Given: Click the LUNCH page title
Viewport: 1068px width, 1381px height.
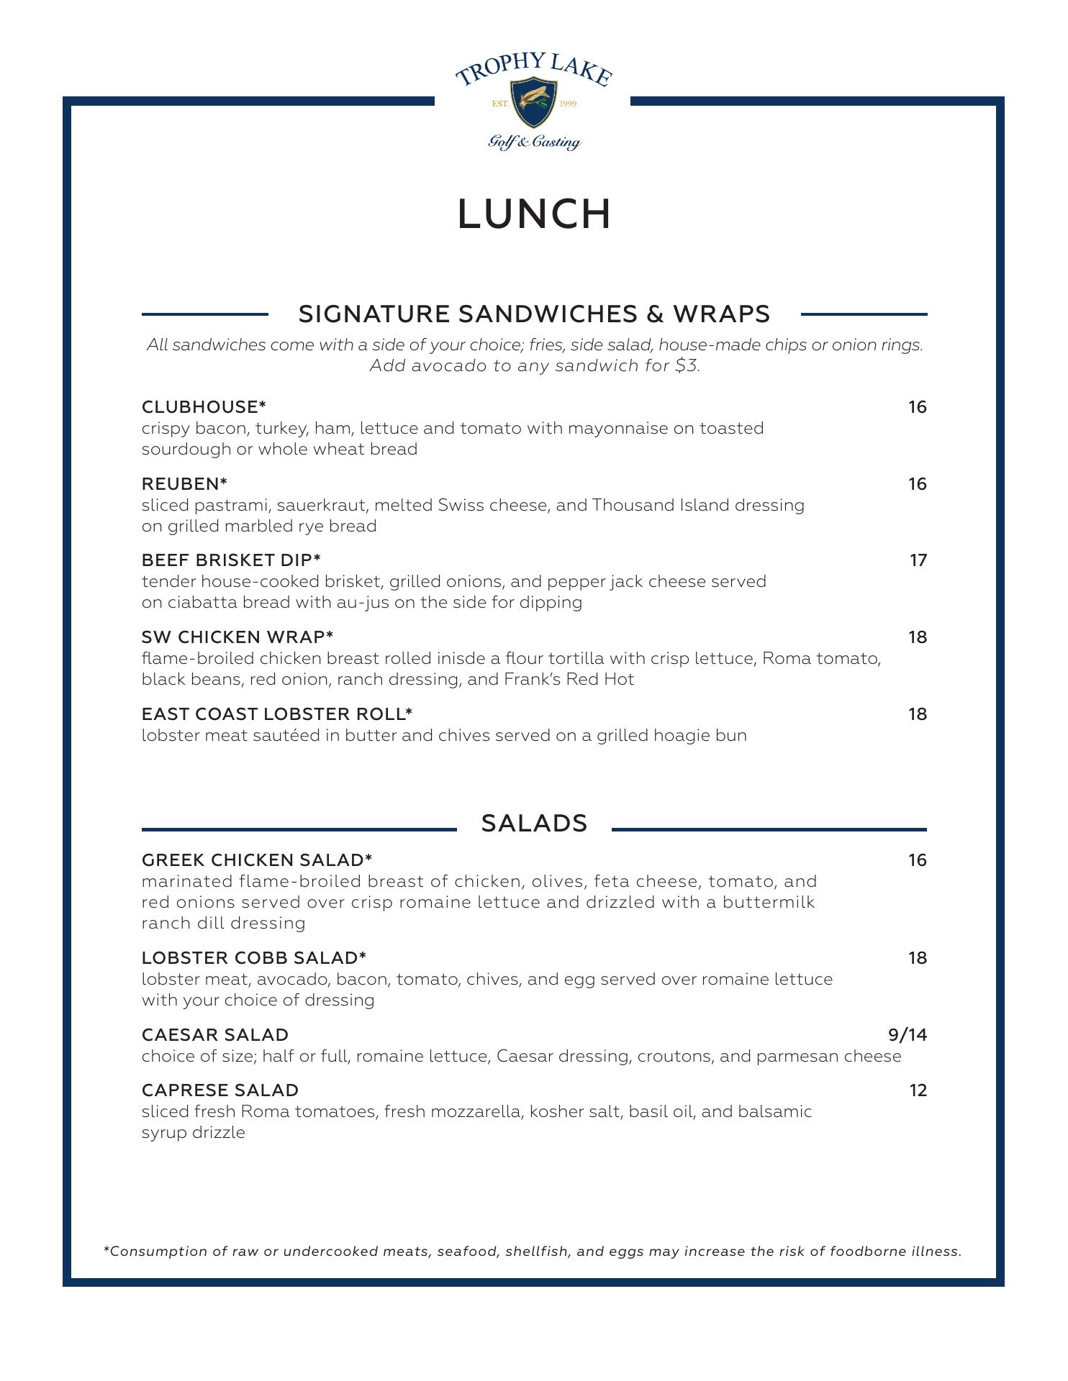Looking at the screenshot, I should [x=534, y=214].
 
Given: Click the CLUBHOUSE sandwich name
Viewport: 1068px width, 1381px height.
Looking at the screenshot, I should [x=204, y=407].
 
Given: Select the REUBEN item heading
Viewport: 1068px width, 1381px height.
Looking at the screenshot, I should [x=185, y=484].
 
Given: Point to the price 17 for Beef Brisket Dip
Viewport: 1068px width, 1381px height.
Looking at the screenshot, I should [x=918, y=560].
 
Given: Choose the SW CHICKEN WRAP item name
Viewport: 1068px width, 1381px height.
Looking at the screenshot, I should [x=237, y=637].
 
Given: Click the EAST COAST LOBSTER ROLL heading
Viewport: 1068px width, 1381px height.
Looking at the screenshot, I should [x=277, y=714].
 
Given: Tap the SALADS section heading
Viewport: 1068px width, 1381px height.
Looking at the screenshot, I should [x=534, y=824].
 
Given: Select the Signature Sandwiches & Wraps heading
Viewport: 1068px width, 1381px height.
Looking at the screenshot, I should [x=534, y=314].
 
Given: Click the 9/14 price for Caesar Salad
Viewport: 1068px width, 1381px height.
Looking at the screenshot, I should [x=908, y=1035].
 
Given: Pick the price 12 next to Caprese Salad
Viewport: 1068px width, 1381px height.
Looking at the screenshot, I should [x=918, y=1090].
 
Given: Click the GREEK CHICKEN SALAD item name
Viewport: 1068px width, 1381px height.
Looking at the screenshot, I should [x=257, y=860].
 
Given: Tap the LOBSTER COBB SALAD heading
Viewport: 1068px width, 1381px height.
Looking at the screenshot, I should [x=254, y=958].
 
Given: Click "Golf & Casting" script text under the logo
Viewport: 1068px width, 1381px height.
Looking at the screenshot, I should [x=534, y=142].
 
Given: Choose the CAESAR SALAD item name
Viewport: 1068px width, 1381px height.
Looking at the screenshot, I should [x=215, y=1035].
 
